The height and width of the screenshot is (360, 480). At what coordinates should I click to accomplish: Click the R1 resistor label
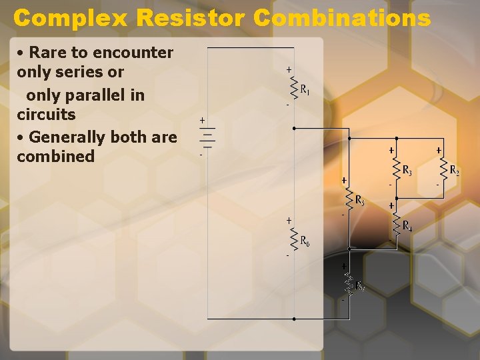coord(304,89)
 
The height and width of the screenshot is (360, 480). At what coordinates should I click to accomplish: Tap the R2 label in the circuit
coord(454,170)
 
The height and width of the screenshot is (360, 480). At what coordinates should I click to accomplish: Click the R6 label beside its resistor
coord(304,240)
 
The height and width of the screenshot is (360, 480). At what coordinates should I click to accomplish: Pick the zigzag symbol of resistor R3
coord(396,169)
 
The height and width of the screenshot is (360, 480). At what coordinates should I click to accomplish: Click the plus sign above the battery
coord(203,120)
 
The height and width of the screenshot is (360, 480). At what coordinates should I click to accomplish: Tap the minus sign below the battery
coord(201,155)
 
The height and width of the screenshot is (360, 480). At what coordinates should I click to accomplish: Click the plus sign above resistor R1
coord(289,69)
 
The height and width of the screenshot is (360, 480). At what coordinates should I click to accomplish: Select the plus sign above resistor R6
coord(289,219)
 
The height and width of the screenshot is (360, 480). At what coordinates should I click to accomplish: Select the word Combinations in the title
coord(342,17)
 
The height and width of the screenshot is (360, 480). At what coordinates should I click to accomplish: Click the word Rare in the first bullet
coord(46,53)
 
